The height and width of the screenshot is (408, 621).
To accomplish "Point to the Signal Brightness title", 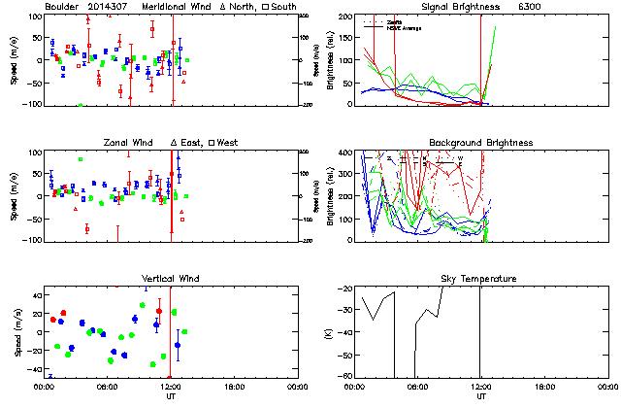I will (460, 7).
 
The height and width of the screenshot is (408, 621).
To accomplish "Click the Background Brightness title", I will (480, 143).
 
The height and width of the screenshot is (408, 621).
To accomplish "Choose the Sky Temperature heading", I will (480, 279).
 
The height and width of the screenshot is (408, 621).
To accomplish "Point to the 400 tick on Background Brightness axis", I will (344, 153).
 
